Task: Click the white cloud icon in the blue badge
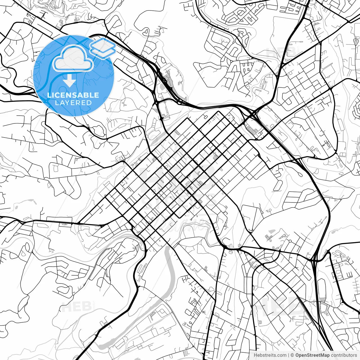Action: tap(73, 59)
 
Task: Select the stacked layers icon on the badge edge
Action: tap(103, 48)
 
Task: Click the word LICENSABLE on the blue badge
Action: tap(73, 95)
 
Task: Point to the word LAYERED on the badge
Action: tap(73, 103)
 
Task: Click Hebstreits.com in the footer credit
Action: tap(270, 355)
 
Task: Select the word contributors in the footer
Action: tap(344, 355)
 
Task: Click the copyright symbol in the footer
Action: tap(292, 355)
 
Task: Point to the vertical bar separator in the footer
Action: tap(289, 355)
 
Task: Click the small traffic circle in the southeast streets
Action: tap(290, 241)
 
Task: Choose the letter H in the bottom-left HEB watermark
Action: tap(67, 307)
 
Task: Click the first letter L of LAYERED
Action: tap(57, 103)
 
